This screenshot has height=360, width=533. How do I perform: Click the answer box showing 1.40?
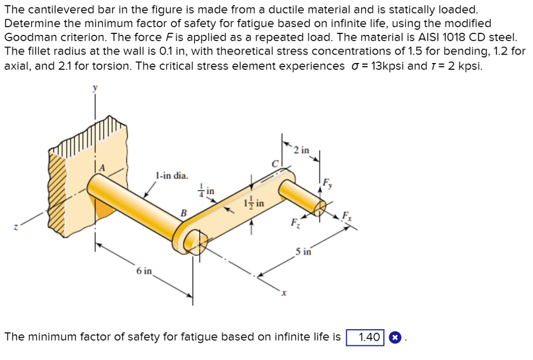pyautogui.click(x=365, y=338)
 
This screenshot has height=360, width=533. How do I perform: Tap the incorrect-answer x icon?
pyautogui.click(x=395, y=338)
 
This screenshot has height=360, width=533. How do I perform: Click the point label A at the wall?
pyautogui.click(x=102, y=168)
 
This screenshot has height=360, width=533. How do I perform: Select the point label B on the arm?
pyautogui.click(x=183, y=212)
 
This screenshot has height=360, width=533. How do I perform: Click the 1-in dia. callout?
pyautogui.click(x=172, y=176)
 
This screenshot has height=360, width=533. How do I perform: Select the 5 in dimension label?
pyautogui.click(x=303, y=252)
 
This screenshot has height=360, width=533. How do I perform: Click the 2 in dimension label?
pyautogui.click(x=301, y=151)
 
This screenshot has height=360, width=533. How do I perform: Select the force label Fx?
pyautogui.click(x=346, y=216)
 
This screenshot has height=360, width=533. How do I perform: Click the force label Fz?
pyautogui.click(x=295, y=223)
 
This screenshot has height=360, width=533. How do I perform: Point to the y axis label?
pyautogui.click(x=95, y=89)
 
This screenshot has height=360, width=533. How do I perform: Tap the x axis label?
pyautogui.click(x=284, y=294)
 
